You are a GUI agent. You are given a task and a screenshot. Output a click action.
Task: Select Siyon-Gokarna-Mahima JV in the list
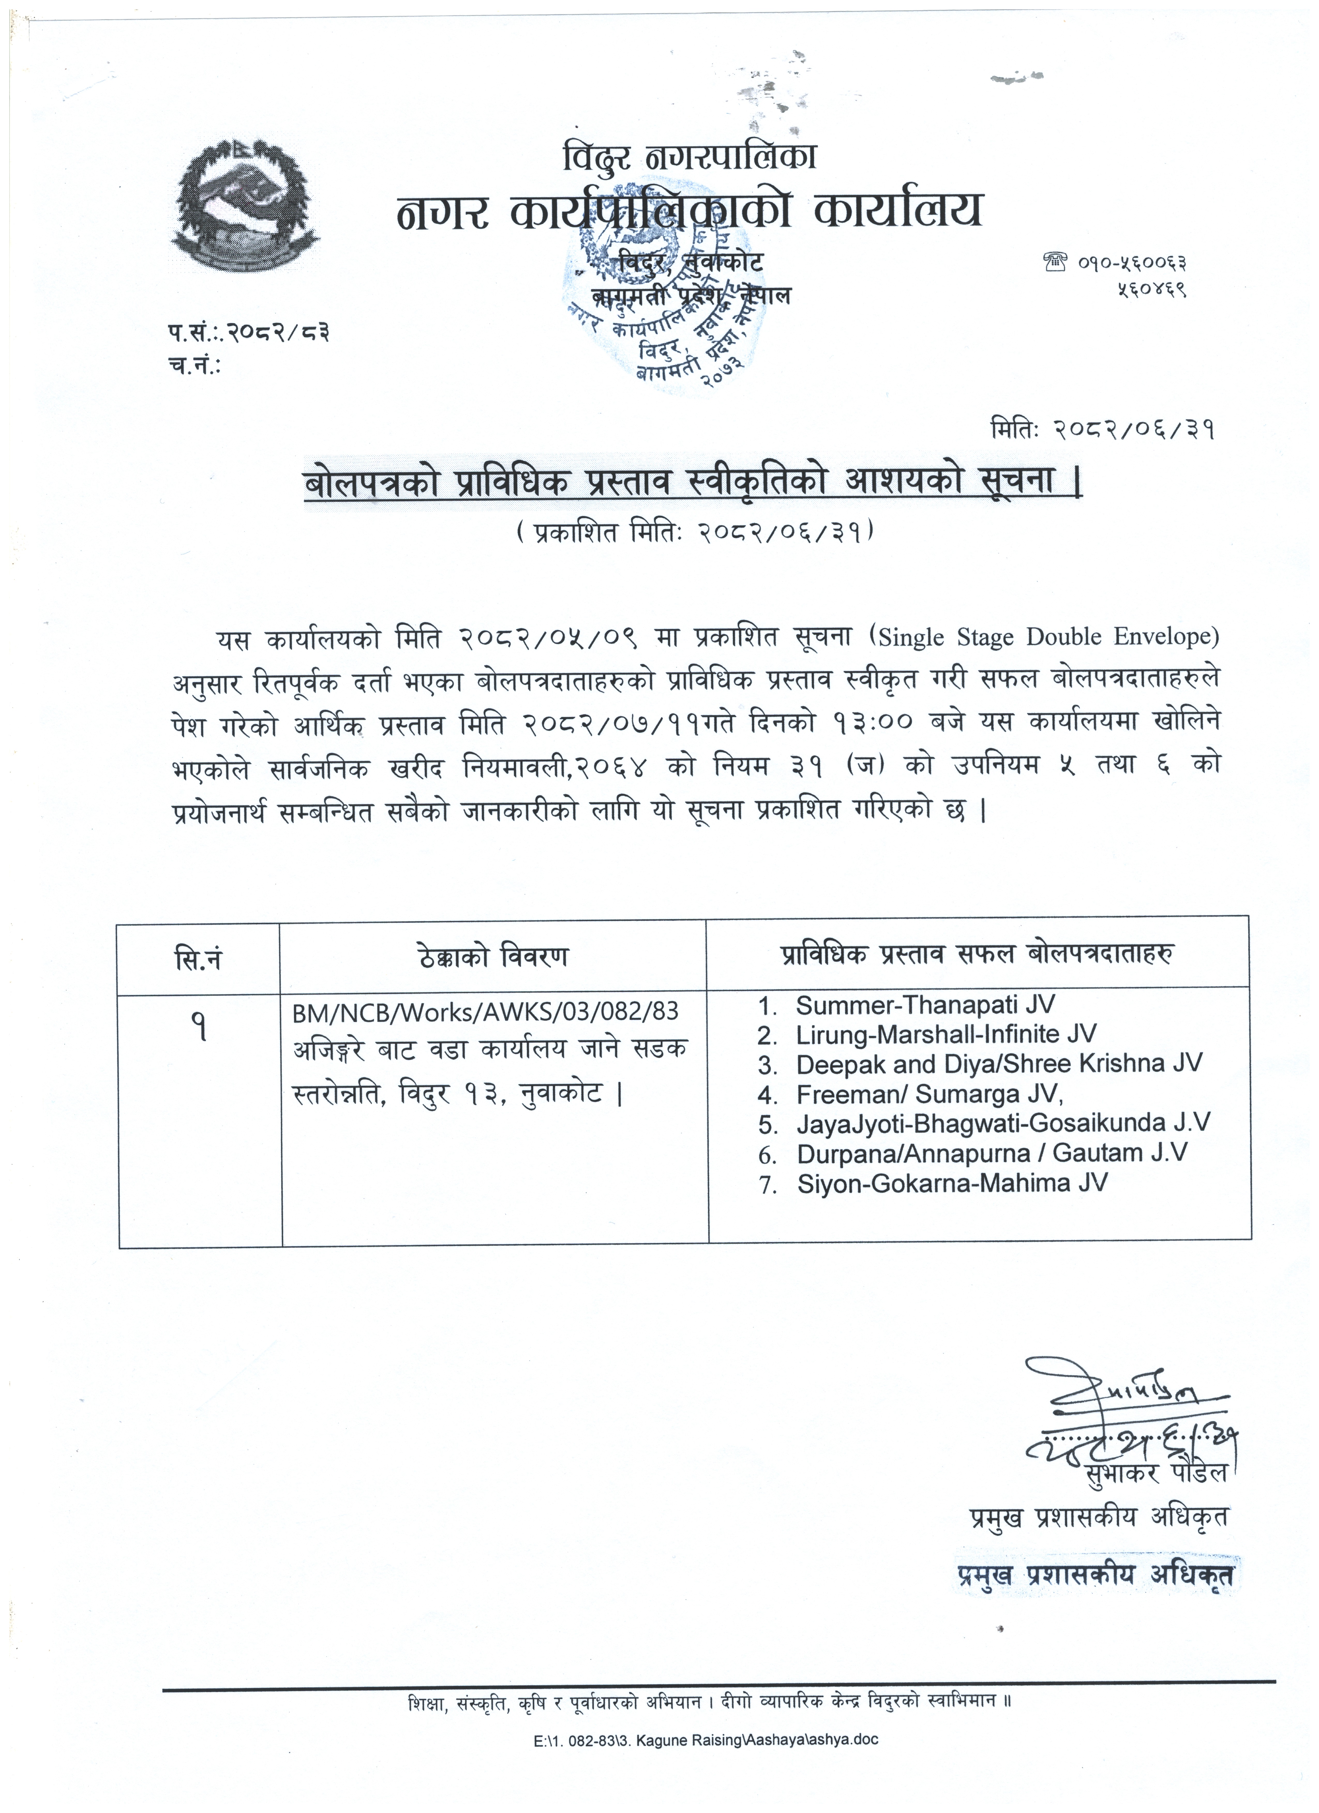(952, 1183)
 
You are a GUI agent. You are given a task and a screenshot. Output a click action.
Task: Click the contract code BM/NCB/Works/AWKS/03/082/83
(485, 1013)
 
